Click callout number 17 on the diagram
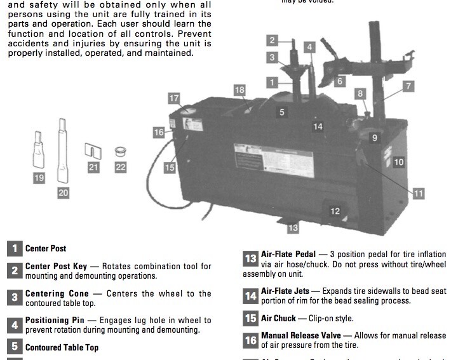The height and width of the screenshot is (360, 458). point(174,98)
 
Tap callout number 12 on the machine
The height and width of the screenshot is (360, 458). point(335,211)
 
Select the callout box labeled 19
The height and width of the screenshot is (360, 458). point(39,178)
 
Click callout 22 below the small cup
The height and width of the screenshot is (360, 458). point(121,168)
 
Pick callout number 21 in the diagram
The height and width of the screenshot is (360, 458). point(93,168)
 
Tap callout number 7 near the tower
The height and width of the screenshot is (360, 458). point(408,86)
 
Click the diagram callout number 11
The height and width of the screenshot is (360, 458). point(418,194)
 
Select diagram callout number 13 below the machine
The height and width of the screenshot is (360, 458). point(292,227)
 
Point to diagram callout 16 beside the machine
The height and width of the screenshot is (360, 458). point(158,132)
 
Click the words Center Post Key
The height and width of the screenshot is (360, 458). point(62,266)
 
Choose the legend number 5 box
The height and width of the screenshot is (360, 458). point(15,347)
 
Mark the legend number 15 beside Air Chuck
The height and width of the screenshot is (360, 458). point(250,318)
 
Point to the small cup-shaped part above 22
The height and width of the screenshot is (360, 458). point(120,152)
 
